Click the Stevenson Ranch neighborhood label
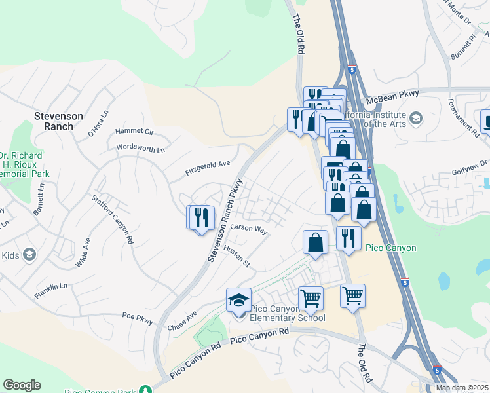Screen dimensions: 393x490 58,121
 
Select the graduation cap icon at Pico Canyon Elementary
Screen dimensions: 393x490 238,301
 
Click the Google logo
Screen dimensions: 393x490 22,385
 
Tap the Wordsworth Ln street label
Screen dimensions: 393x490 140,149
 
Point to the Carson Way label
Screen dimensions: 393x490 249,229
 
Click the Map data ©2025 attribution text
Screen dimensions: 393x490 461,388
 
